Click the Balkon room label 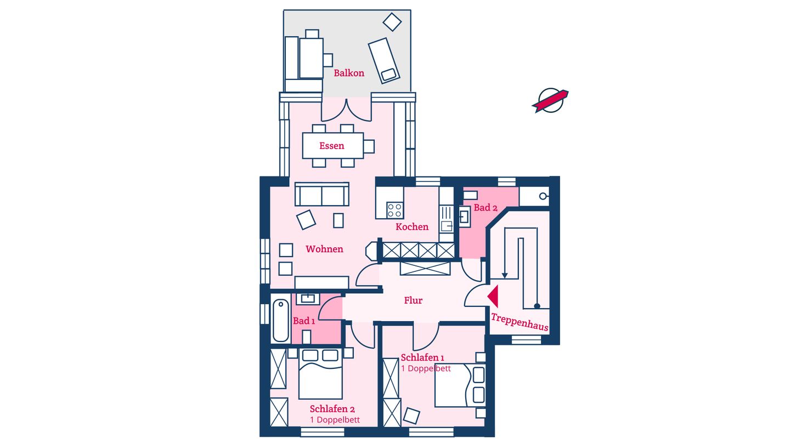tap(349, 73)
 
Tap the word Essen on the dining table tap(331, 146)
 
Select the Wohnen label tap(324, 249)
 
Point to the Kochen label tap(412, 226)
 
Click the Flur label tap(413, 300)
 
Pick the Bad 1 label tap(304, 321)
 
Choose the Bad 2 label tap(486, 208)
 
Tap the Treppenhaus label tap(520, 322)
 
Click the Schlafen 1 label tap(422, 357)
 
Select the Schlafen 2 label tap(332, 409)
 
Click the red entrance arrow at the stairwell tap(493, 297)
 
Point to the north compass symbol tap(550, 100)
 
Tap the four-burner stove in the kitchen tap(394, 210)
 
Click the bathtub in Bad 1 tap(281, 320)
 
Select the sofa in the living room tap(321, 194)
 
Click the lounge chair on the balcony tap(384, 61)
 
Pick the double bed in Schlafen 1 tap(460, 385)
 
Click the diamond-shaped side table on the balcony tap(392, 22)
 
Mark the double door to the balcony tap(346, 110)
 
